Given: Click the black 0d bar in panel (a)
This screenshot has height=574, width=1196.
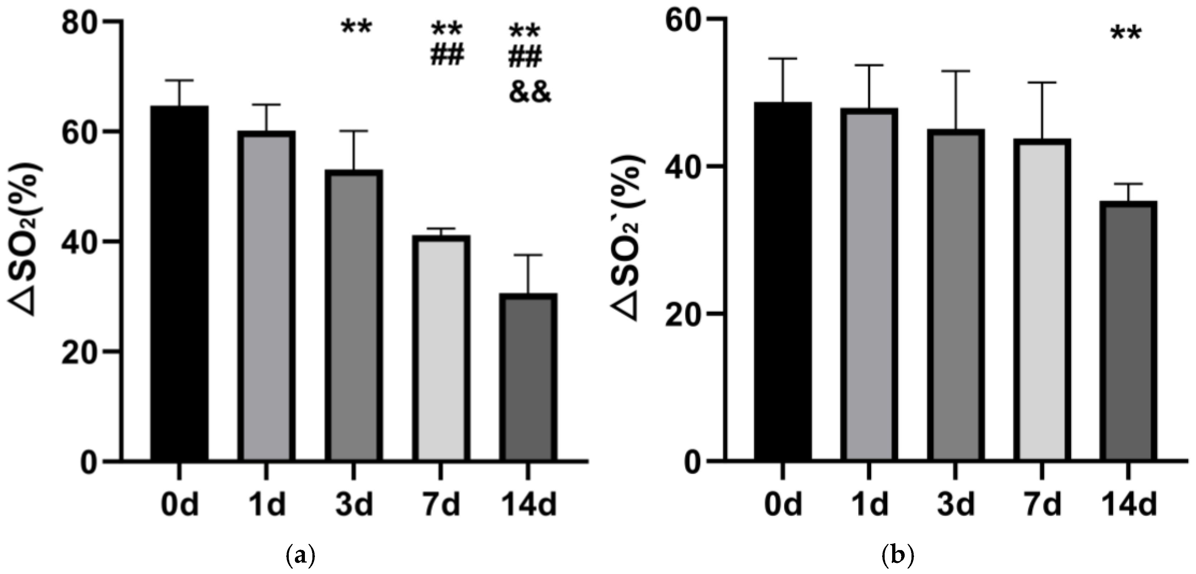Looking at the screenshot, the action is point(179,284).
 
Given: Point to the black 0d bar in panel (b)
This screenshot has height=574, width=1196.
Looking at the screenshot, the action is point(783,282).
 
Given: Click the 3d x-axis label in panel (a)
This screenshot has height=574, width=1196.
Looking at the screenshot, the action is point(354,505).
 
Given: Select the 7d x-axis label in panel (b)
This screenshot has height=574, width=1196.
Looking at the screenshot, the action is point(1042,505).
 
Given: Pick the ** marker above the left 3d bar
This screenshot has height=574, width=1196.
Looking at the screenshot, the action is point(356,27).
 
